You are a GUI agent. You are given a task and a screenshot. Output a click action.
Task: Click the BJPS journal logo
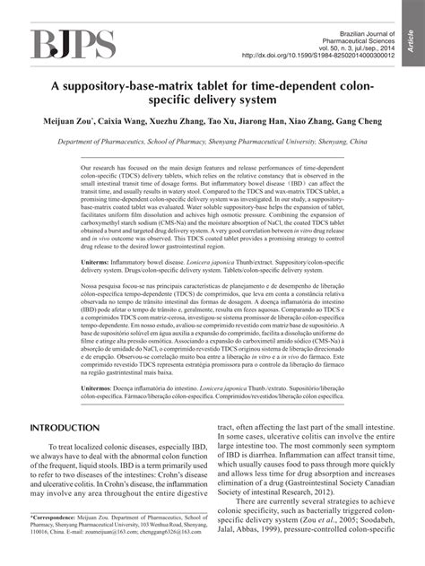click(x=74, y=43)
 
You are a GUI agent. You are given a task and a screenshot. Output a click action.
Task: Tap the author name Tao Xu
click(x=244, y=120)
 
